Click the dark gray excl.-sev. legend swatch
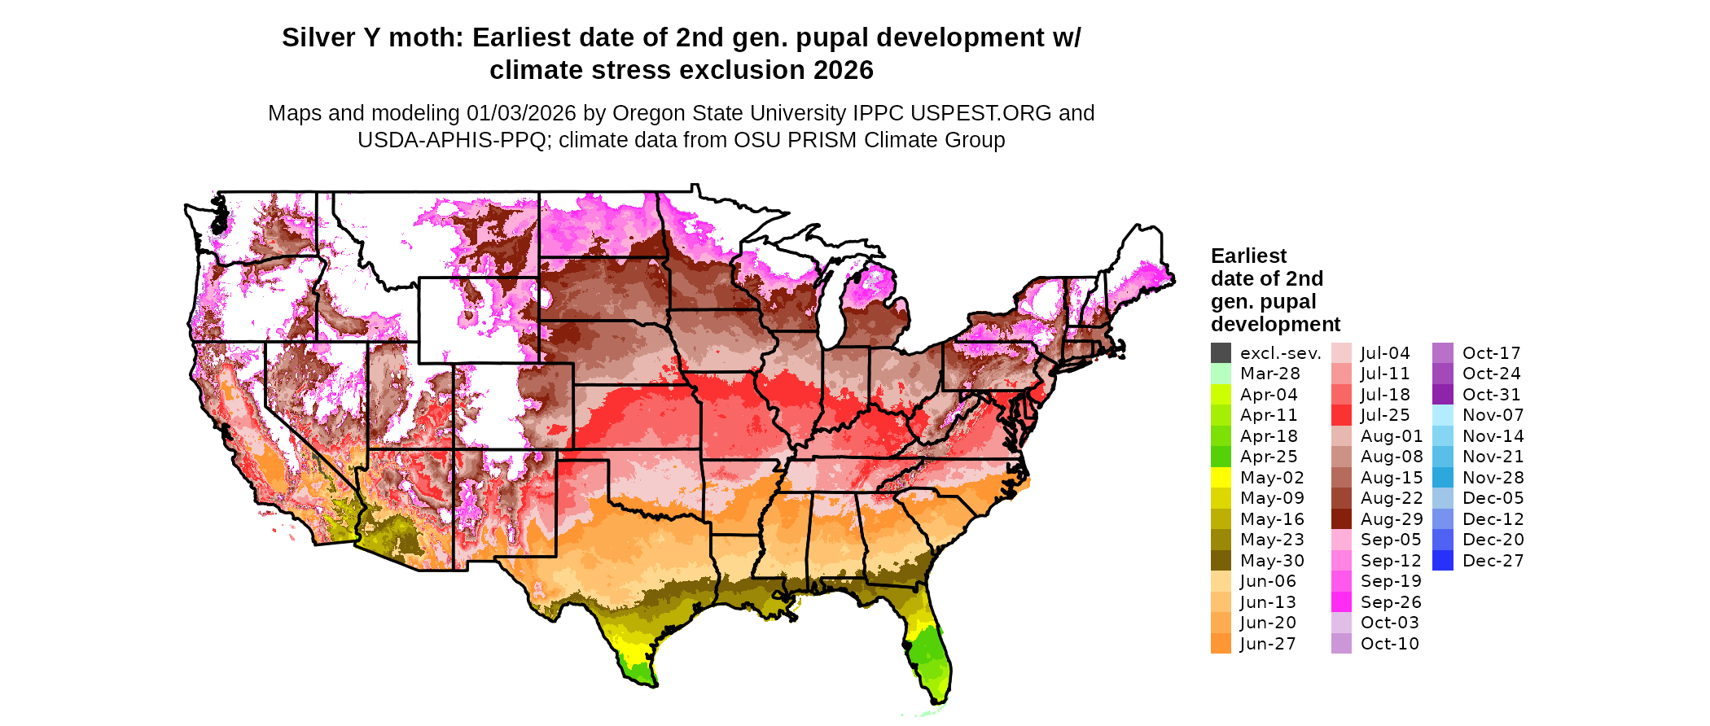(x=1221, y=353)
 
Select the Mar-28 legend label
(x=1269, y=374)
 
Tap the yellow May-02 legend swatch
(x=1221, y=478)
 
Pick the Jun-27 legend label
(x=1268, y=644)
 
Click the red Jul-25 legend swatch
(x=1341, y=415)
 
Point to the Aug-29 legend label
(x=1392, y=519)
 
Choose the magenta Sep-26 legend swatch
(x=1341, y=602)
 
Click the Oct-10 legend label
(x=1389, y=644)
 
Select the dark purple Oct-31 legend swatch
(x=1443, y=395)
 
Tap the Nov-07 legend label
(x=1493, y=415)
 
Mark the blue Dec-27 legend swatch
(x=1443, y=561)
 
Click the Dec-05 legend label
(x=1493, y=498)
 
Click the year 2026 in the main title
(x=842, y=71)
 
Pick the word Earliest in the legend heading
(x=1248, y=256)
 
